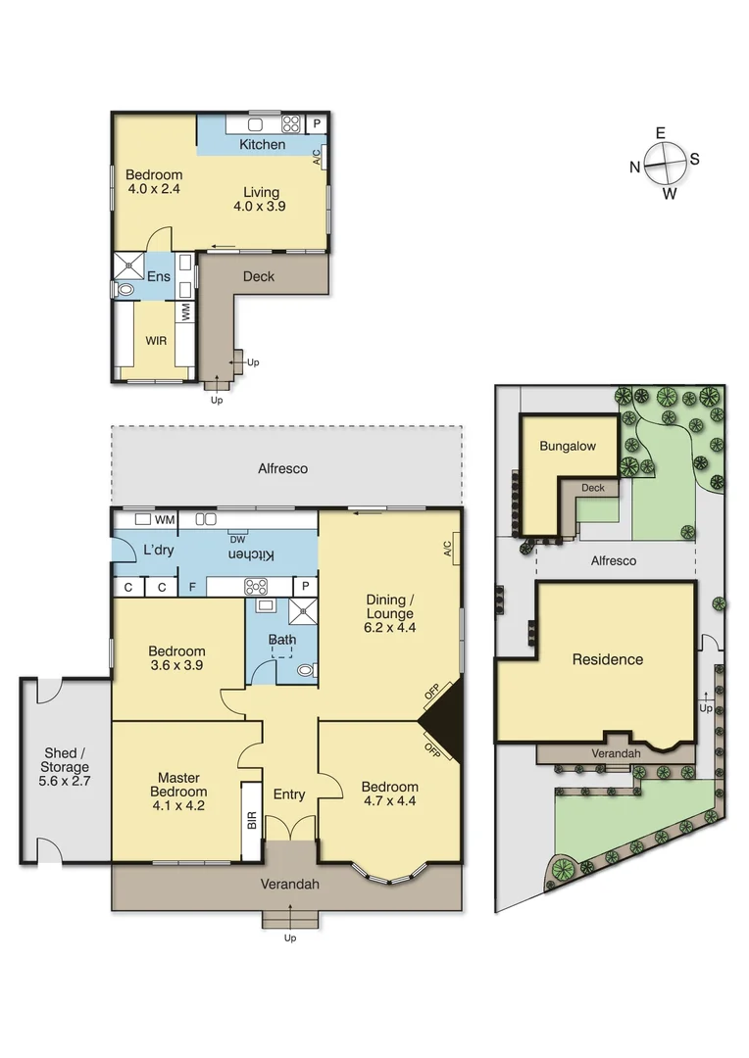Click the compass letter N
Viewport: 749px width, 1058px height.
tap(635, 168)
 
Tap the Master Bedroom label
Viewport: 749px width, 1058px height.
tap(178, 784)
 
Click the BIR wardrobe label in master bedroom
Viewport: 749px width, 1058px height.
tap(251, 821)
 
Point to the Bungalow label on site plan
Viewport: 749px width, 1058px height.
tap(568, 446)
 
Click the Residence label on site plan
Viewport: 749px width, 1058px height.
tap(607, 659)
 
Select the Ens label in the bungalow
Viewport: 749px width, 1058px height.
tap(159, 277)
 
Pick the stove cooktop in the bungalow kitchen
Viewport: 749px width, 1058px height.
tap(291, 124)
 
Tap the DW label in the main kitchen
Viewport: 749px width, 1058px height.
tap(237, 539)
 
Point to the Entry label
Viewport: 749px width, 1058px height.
tap(289, 793)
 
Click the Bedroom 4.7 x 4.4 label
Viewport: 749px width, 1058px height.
tap(389, 793)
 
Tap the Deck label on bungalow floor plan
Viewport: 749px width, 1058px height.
tap(258, 276)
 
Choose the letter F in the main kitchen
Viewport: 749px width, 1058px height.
tap(192, 588)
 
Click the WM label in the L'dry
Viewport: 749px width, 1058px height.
tap(165, 518)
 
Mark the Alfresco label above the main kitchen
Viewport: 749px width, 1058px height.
tap(283, 468)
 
